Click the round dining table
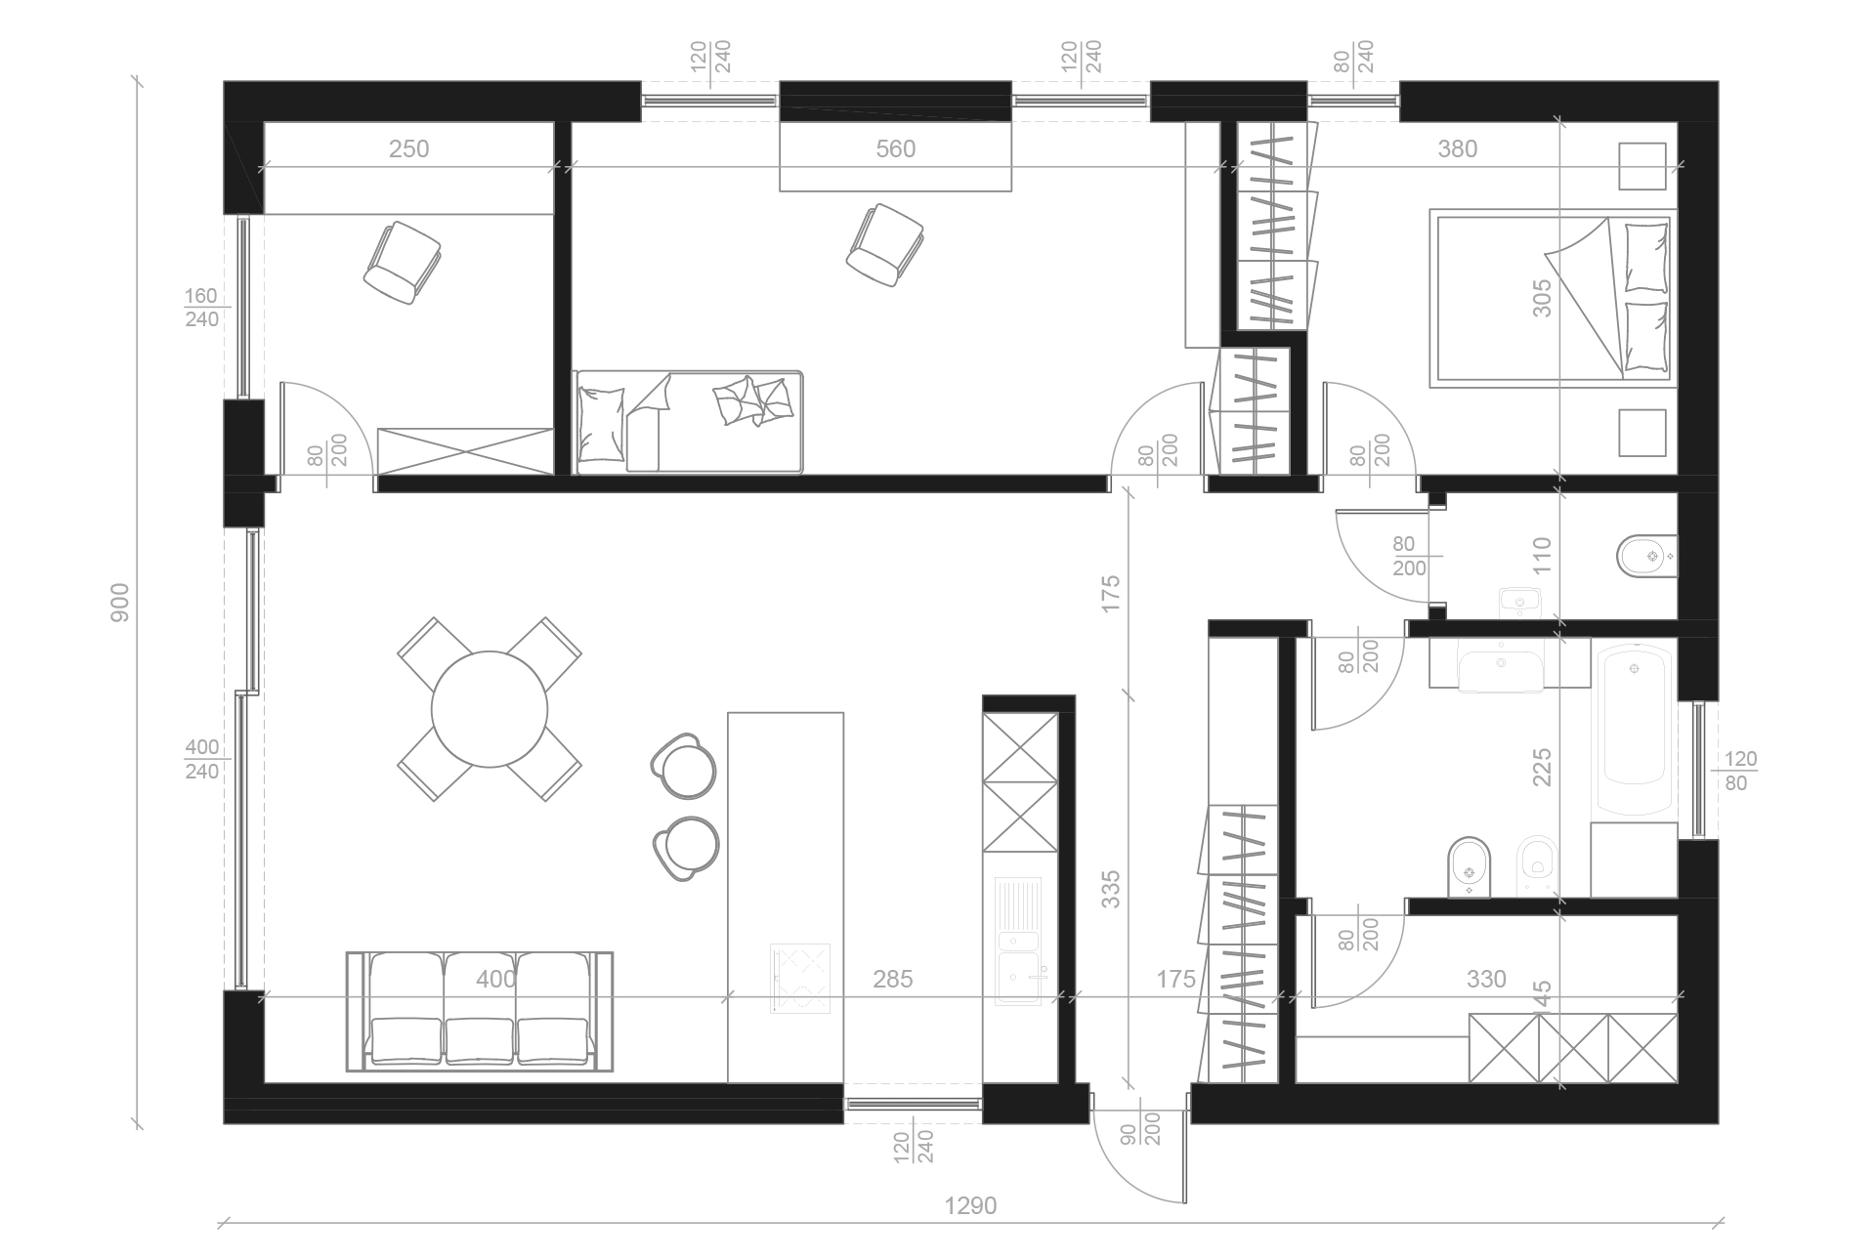(489, 709)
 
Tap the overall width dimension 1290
(970, 1205)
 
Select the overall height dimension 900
(120, 604)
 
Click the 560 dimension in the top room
(895, 148)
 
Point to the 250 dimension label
(408, 148)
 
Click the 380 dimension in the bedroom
(1457, 148)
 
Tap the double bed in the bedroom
(1551, 297)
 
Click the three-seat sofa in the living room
(480, 1011)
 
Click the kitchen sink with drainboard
(1019, 940)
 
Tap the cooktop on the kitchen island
(800, 978)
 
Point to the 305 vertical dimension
(1542, 298)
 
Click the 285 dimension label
(892, 978)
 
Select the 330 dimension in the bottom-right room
(1486, 978)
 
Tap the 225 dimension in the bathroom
(1542, 768)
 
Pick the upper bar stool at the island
(684, 763)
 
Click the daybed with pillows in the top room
(688, 422)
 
